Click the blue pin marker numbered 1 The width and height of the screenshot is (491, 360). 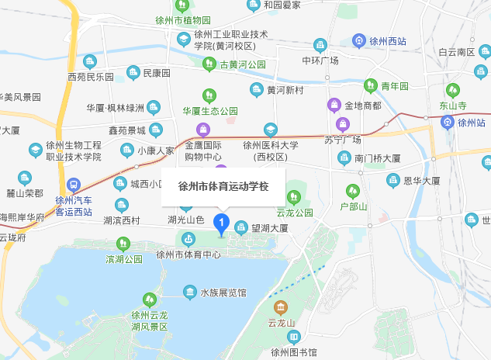220,224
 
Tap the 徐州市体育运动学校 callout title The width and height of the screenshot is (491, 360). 224,187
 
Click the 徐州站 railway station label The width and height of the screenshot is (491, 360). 471,123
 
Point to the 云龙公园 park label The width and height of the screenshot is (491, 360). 295,212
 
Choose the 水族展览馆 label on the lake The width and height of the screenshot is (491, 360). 223,292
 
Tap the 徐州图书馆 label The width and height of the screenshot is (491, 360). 295,351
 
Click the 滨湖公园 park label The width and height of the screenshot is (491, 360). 124,258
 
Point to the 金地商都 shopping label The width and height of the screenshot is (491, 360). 362,105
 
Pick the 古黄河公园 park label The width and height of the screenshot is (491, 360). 242,64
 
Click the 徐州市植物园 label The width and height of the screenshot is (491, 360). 202,19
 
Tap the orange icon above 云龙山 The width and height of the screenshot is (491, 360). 281,307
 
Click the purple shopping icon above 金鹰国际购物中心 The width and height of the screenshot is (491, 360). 203,128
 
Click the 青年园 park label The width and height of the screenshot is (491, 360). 395,85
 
